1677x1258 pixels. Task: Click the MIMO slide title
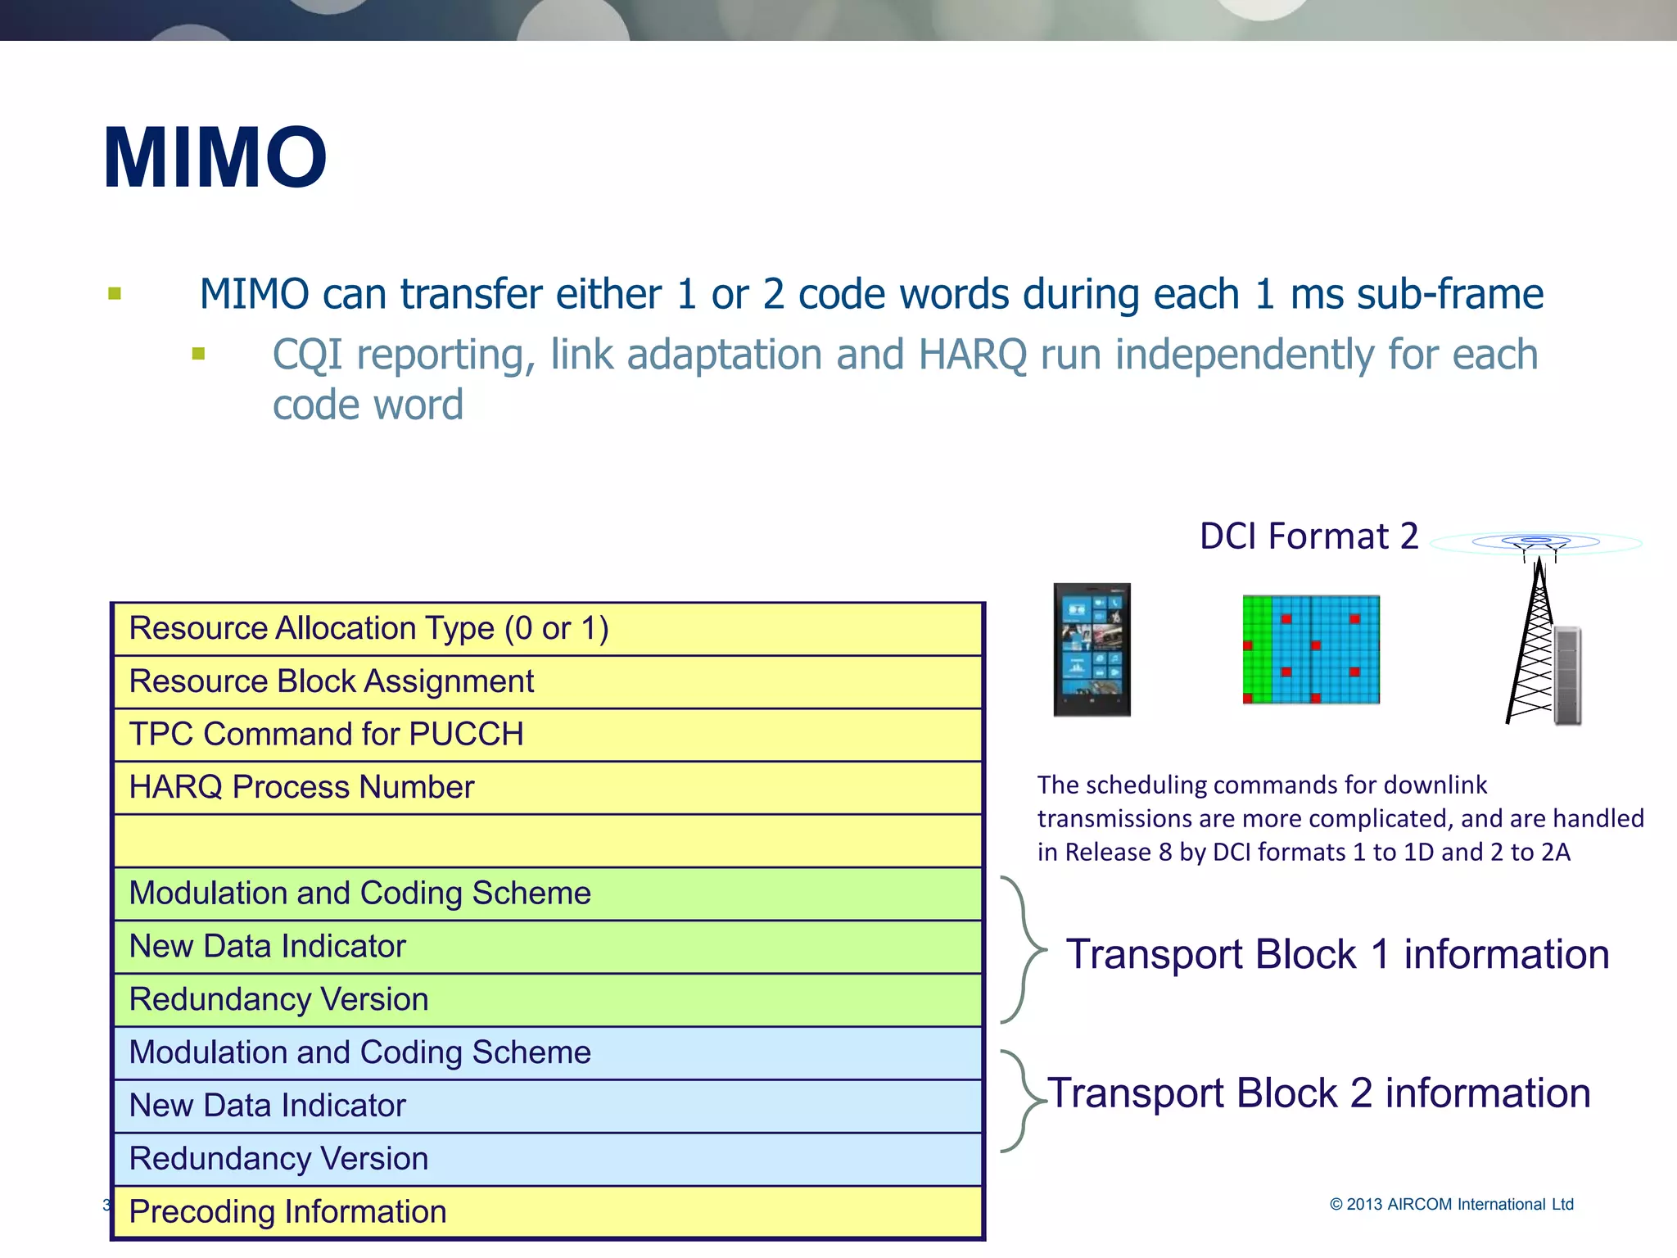(215, 158)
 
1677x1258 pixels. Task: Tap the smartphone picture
(1092, 649)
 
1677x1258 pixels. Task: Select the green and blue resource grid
(1310, 649)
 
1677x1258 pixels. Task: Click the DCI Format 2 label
(1309, 536)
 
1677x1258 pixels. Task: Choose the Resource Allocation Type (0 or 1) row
(547, 629)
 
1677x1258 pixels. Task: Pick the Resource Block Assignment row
(547, 681)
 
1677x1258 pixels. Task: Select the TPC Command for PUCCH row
(547, 735)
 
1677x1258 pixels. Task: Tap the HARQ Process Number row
(547, 788)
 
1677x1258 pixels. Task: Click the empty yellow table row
(547, 841)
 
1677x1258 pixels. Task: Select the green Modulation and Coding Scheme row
(547, 894)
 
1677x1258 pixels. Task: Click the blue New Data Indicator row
(547, 1106)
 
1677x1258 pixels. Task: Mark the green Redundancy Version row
(547, 1000)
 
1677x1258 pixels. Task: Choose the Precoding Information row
(547, 1212)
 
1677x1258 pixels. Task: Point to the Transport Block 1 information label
(1337, 955)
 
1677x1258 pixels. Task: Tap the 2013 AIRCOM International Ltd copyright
(1451, 1204)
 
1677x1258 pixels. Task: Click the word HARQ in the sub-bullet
(973, 355)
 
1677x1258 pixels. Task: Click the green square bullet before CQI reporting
(198, 354)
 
